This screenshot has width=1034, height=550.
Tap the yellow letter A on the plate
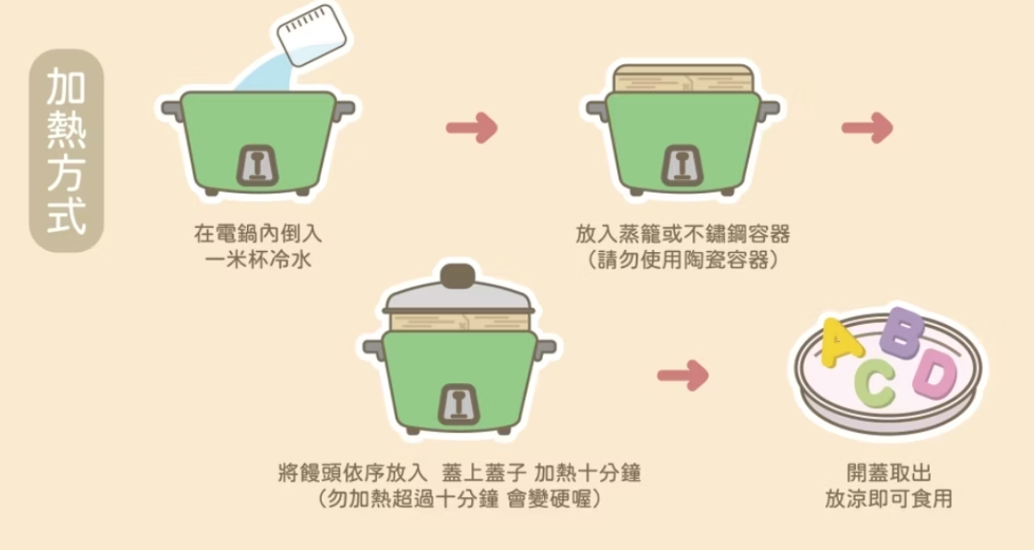click(x=841, y=344)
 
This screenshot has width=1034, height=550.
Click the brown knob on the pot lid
click(x=458, y=275)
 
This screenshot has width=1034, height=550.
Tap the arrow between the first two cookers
click(x=472, y=127)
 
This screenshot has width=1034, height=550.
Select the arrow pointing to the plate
click(x=683, y=376)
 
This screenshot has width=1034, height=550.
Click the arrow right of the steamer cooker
click(x=866, y=127)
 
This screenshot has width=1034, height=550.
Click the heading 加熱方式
click(x=65, y=152)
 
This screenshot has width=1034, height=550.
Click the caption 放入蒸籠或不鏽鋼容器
click(x=683, y=234)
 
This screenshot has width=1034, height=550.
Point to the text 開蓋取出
click(x=888, y=473)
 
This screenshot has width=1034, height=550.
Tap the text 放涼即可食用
click(x=888, y=498)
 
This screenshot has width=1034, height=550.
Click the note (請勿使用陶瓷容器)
click(x=683, y=260)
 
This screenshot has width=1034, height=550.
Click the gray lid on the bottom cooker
click(x=458, y=299)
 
